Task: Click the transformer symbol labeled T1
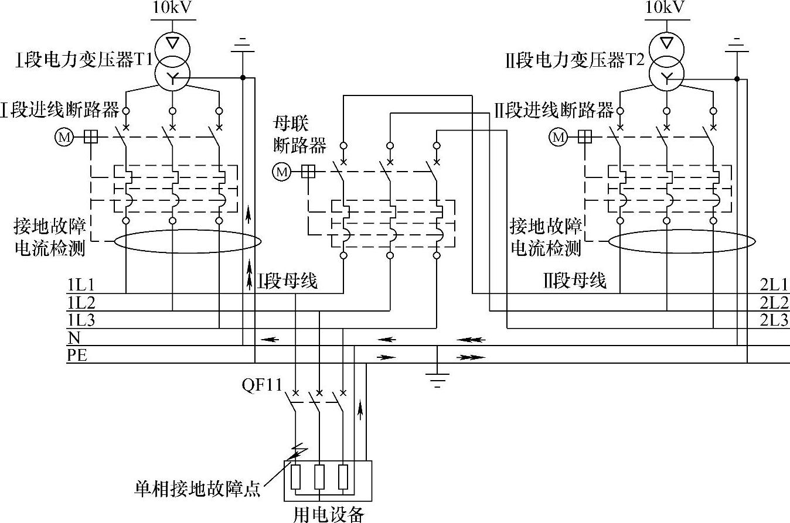point(172,58)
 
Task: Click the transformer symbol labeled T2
point(666,58)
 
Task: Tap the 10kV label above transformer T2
point(665,8)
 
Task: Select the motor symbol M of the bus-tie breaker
point(282,172)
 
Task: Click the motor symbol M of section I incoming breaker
point(63,137)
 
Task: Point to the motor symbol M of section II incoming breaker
point(559,138)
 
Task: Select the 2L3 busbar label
point(774,320)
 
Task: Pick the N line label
point(74,337)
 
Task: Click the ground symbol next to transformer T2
point(737,47)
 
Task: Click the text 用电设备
point(328,514)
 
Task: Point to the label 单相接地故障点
point(197,489)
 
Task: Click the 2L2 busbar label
point(774,303)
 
